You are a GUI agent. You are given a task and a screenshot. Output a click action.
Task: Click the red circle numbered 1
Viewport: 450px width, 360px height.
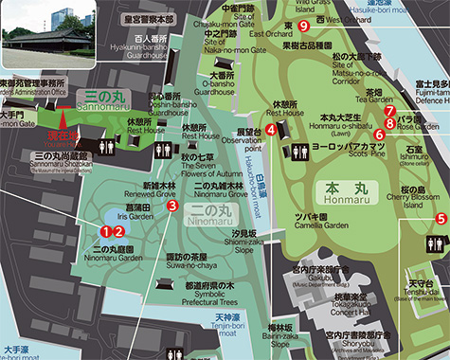pos(106,229)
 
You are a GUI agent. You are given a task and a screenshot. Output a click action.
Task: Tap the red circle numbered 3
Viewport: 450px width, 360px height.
pos(172,204)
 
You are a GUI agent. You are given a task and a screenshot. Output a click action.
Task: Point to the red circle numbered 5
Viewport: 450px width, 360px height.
pos(441,219)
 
